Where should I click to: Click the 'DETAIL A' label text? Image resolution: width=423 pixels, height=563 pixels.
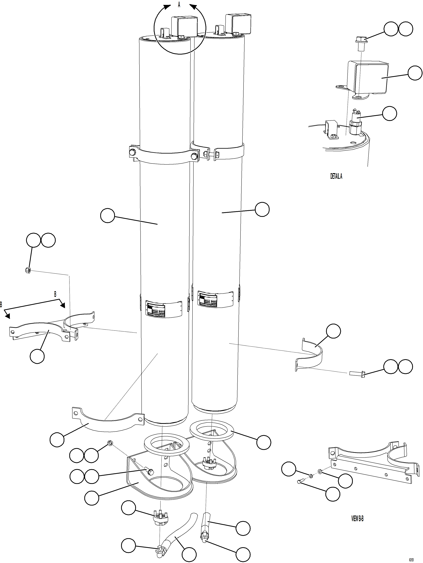pos(336,176)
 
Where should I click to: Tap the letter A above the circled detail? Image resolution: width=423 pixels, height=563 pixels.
pos(179,5)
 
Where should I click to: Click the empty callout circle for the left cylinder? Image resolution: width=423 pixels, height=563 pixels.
pos(107,216)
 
